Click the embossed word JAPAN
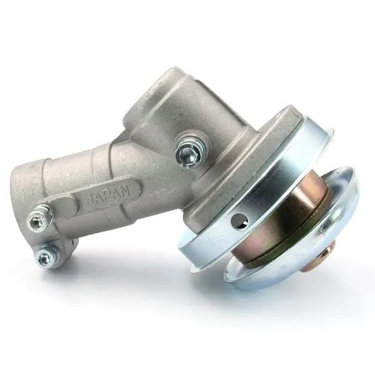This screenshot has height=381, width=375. [x=109, y=197]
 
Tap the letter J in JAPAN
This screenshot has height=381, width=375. [x=90, y=200]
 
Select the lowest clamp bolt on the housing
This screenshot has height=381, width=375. [x=47, y=256]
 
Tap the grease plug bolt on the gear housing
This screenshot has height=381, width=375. [x=191, y=149]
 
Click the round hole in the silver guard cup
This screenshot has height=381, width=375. [x=239, y=220]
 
